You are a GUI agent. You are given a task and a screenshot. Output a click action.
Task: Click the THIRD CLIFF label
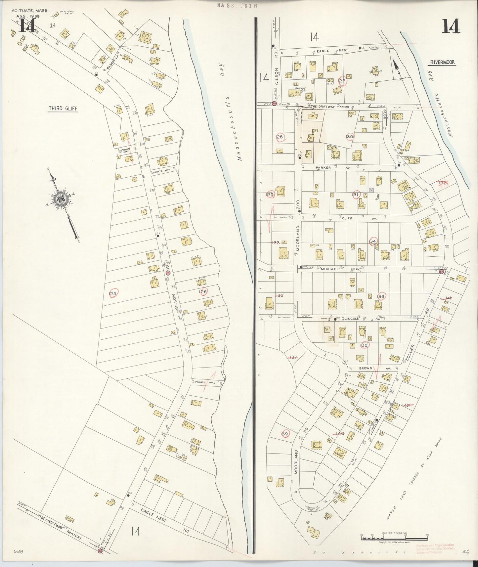point(63,109)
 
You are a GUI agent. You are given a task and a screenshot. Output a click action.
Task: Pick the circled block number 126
point(203,291)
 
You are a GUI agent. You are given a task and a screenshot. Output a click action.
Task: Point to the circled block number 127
point(342,81)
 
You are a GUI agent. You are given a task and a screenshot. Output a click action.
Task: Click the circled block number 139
point(284,434)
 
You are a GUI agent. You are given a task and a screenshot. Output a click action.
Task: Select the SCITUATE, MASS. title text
point(30,11)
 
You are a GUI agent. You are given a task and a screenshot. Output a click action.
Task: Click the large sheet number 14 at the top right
point(450,26)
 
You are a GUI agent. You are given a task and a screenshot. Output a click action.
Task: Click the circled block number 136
point(381,296)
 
